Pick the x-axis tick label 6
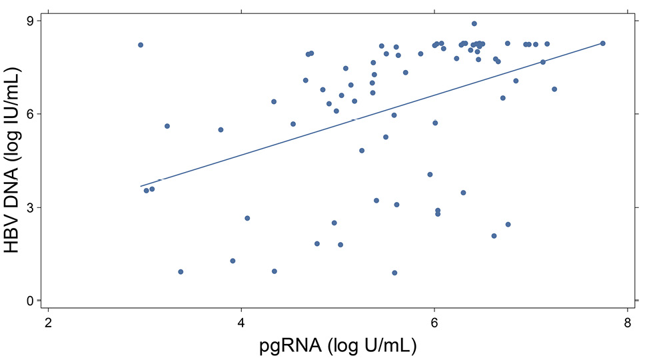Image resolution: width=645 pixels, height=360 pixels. coord(434,323)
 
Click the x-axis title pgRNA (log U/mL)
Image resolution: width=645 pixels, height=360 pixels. coord(338,347)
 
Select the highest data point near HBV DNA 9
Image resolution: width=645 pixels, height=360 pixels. coord(474,23)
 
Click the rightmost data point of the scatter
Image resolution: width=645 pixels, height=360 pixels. coord(602,43)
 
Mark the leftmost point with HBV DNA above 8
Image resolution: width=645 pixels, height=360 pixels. coord(141,45)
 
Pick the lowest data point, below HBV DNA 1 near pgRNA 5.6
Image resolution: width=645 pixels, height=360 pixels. coord(394,273)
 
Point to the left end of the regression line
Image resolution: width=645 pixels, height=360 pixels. coord(140,186)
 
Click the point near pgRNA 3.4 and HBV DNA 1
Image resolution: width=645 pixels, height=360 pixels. coord(181,272)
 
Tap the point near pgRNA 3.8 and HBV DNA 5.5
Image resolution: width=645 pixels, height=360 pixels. coord(221,130)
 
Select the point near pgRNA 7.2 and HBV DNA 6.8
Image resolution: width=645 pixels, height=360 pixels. coord(554,89)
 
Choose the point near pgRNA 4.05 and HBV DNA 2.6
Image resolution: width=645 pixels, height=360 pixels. coord(247,218)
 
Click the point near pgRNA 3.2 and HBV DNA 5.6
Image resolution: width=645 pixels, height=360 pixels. coord(167,126)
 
